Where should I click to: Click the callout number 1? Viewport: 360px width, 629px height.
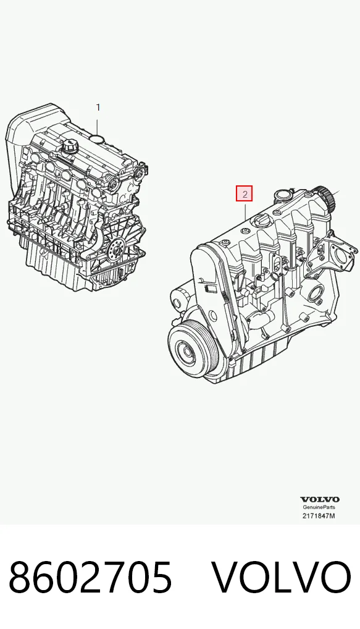click(x=98, y=108)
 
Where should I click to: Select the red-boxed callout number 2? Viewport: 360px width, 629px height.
click(x=244, y=194)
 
